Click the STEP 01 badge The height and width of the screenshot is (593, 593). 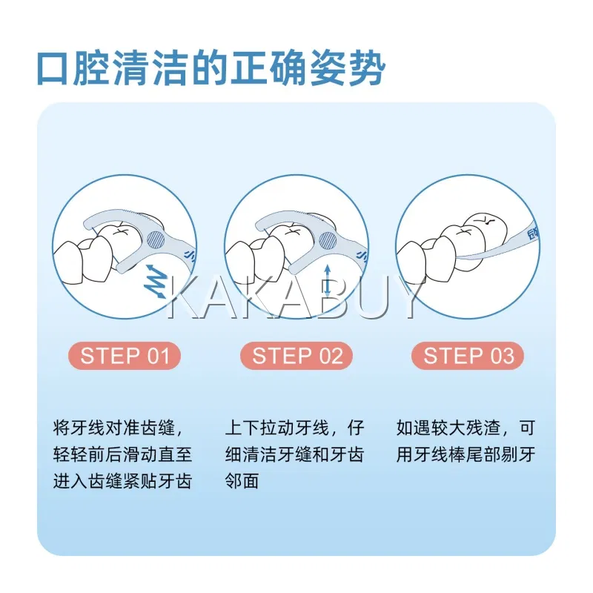[x=125, y=356]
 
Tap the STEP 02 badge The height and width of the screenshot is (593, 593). [x=296, y=356]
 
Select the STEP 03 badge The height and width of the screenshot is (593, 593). [x=468, y=356]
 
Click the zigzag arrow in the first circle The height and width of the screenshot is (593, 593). [x=156, y=280]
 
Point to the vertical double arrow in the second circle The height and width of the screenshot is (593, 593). [x=328, y=280]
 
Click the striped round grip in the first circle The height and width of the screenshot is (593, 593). [x=156, y=239]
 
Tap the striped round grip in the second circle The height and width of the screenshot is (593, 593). [x=328, y=239]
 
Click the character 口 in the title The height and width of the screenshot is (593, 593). [x=53, y=69]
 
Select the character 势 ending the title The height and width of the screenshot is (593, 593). [x=367, y=69]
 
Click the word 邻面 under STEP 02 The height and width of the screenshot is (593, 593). [x=242, y=481]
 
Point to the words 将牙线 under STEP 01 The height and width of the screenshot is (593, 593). [x=79, y=428]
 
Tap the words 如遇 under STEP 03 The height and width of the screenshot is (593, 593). [x=414, y=428]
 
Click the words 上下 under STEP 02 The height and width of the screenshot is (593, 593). [x=242, y=428]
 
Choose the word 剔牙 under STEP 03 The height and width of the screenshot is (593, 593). [x=518, y=454]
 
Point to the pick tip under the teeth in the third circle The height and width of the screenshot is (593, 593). [x=458, y=258]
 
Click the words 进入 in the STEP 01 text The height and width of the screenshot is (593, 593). [x=70, y=481]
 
